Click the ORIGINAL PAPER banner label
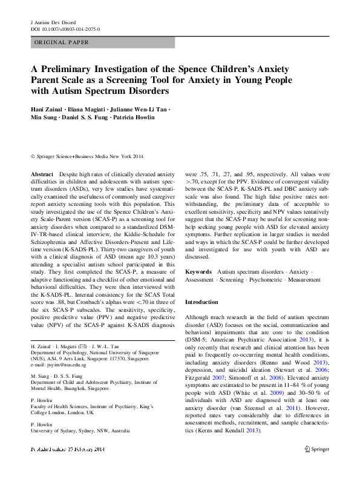coord(62,42)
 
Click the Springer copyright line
coord(85,154)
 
